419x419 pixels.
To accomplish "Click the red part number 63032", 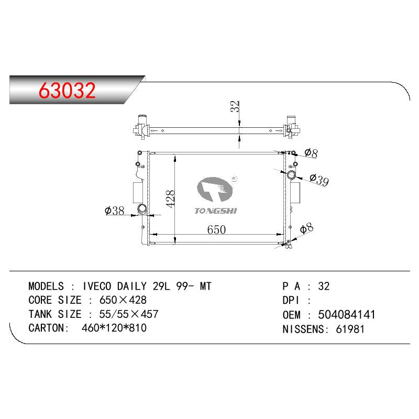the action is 67,90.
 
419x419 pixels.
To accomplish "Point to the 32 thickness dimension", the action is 235,106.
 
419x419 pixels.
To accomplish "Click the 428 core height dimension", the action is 170,199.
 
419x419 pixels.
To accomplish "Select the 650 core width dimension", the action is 216,229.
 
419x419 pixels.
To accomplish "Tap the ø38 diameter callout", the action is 115,211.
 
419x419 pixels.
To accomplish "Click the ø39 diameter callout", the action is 319,180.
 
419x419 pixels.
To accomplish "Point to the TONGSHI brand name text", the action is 216,211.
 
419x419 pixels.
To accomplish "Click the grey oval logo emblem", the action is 215,189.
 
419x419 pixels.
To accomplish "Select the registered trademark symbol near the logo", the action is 234,179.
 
